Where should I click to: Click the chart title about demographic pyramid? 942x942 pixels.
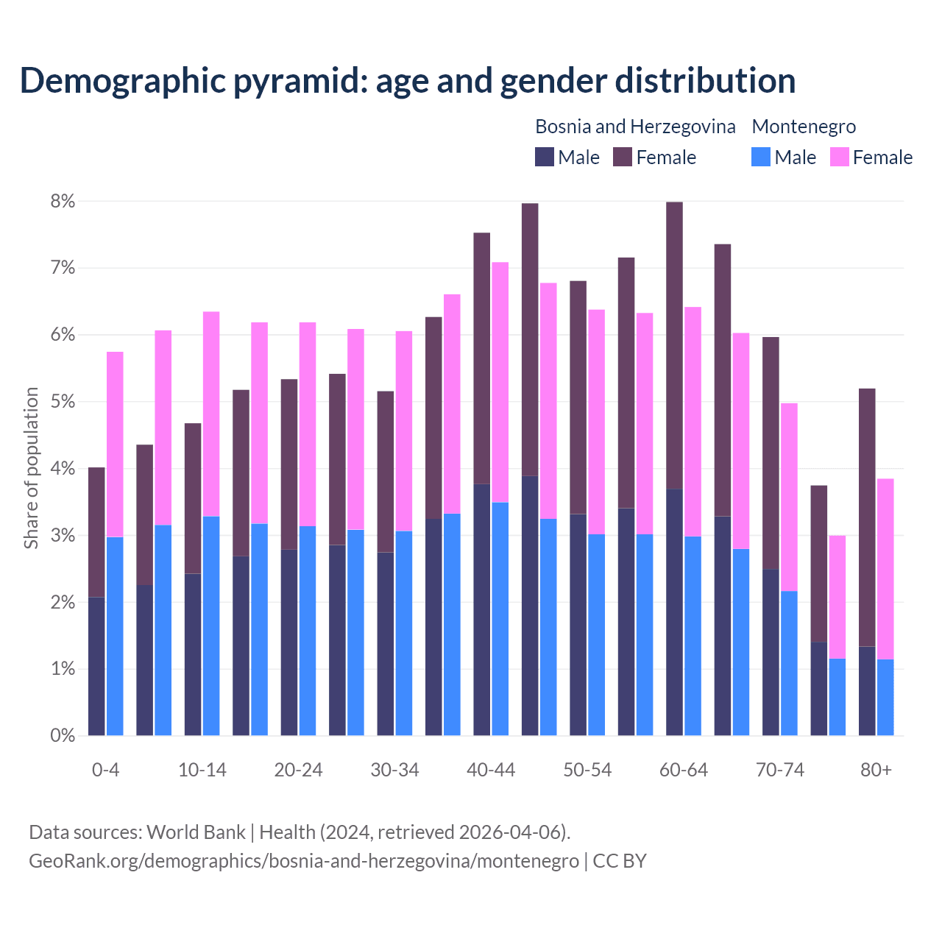pos(408,80)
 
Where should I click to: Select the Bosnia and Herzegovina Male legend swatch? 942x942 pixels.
pos(545,157)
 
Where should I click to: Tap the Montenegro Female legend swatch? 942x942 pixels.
pos(839,157)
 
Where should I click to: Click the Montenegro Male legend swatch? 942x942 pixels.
pos(761,157)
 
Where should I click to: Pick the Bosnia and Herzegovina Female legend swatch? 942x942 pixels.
pos(623,157)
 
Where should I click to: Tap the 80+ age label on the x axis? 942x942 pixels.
pos(876,770)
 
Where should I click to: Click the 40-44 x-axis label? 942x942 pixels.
pos(491,770)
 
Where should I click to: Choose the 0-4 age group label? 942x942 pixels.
pos(105,770)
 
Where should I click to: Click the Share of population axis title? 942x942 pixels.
pos(31,468)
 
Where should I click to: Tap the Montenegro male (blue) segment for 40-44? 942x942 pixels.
pos(500,618)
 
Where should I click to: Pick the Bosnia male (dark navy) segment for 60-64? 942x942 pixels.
pos(674,612)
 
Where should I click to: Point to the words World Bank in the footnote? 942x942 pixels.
pos(196,832)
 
